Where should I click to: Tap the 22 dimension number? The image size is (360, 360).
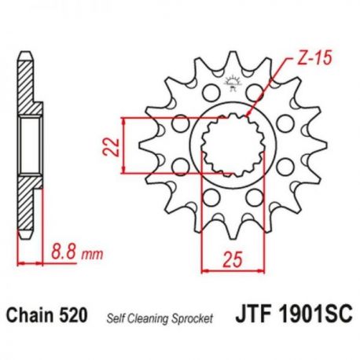[111, 147]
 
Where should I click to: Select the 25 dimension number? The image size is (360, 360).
[233, 260]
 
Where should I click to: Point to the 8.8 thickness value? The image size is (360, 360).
[64, 251]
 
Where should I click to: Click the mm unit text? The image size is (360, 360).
[92, 254]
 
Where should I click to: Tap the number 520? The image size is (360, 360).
[73, 315]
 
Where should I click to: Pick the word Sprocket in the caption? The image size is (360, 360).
[193, 318]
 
